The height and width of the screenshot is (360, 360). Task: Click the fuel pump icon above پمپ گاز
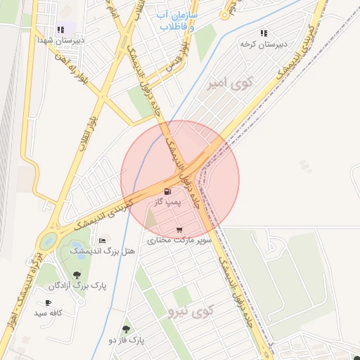tap(167, 191)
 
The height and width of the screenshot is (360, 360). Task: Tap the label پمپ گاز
tap(169, 202)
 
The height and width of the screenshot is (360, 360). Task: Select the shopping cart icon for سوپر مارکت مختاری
tap(180, 229)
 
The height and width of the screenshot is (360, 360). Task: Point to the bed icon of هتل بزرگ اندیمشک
tap(102, 240)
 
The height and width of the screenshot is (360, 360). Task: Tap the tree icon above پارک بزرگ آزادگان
tap(77, 275)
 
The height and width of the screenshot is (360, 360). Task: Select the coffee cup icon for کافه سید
tap(48, 302)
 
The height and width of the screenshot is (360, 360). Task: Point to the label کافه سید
tap(49, 312)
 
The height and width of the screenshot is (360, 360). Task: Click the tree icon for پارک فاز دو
tap(126, 329)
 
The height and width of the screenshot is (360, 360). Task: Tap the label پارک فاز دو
tap(126, 340)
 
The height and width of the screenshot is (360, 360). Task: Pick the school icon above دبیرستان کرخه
tap(264, 33)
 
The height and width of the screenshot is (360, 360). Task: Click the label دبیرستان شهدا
tap(60, 40)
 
